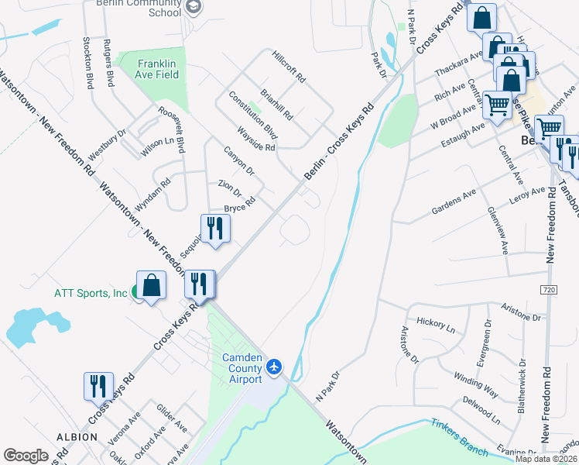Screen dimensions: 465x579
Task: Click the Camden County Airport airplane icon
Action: click(273, 365)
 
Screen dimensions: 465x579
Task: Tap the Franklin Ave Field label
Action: click(158, 69)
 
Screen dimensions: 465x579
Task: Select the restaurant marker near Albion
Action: click(98, 386)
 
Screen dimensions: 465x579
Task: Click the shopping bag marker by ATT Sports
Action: click(152, 284)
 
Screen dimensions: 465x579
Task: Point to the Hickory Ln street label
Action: click(437, 323)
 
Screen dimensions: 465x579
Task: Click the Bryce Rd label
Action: click(240, 207)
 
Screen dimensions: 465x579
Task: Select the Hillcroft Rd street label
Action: click(289, 67)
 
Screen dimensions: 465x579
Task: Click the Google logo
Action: click(26, 456)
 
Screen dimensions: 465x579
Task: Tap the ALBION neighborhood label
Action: click(76, 437)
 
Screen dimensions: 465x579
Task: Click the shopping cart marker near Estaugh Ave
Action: click(497, 104)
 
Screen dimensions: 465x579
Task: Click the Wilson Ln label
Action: click(158, 146)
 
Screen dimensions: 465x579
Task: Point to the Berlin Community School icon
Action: click(194, 9)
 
